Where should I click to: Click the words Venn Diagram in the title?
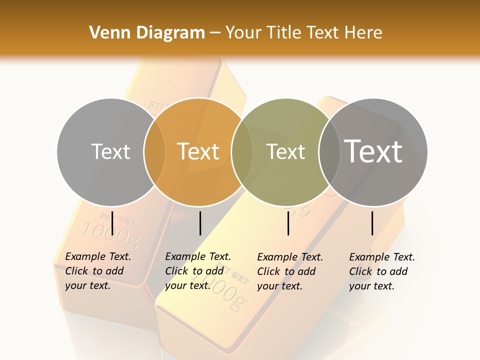click(147, 33)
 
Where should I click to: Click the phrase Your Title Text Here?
click(303, 33)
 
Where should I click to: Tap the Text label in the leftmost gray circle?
click(110, 151)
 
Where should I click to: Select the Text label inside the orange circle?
click(198, 151)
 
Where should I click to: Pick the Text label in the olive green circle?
click(285, 151)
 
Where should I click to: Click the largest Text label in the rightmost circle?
click(373, 151)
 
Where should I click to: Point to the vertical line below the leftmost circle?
click(112, 223)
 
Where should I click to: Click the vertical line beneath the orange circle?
click(200, 223)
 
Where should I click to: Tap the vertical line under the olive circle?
click(288, 223)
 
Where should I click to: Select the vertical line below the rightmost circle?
click(372, 223)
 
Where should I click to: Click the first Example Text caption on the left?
click(98, 271)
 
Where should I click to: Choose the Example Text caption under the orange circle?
click(198, 271)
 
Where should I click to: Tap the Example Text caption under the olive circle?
click(290, 271)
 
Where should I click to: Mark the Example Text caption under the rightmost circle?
click(382, 271)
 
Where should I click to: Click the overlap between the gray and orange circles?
click(154, 151)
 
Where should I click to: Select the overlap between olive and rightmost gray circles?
click(329, 151)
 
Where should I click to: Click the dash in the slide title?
click(215, 33)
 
